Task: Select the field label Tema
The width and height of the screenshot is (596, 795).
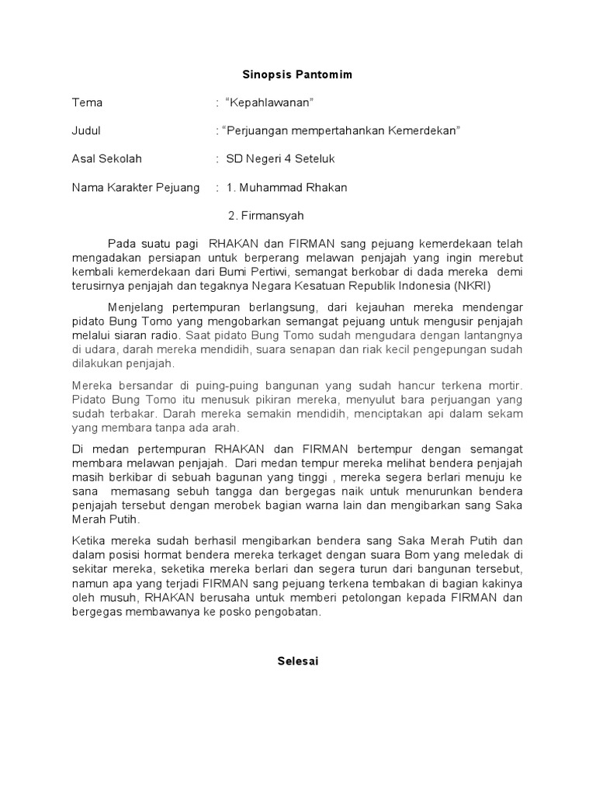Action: click(x=87, y=102)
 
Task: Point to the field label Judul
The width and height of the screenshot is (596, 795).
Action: click(x=87, y=130)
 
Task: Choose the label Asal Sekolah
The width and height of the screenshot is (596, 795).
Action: click(x=107, y=158)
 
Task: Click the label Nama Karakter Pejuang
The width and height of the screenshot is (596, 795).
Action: click(x=136, y=187)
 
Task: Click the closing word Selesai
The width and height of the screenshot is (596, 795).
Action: click(x=298, y=662)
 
